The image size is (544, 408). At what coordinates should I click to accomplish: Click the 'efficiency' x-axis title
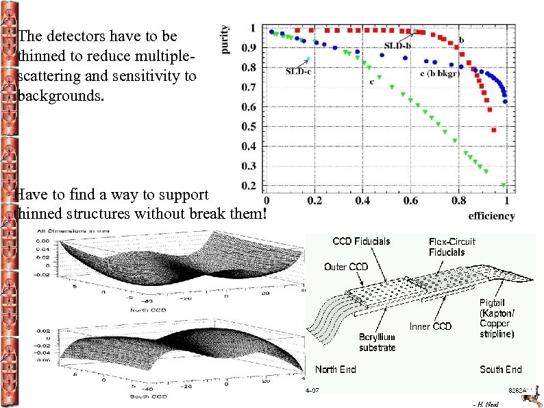point(491,215)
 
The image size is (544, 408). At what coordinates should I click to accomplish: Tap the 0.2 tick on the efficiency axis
point(314,200)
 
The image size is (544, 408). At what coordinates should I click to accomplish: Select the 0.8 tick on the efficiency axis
point(458,200)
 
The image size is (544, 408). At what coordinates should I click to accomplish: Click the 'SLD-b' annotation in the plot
point(397,45)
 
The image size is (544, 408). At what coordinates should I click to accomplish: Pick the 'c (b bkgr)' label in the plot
point(439,73)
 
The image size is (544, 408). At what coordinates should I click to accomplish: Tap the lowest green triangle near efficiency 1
point(504,185)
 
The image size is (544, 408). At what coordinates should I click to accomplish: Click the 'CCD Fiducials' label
point(361,241)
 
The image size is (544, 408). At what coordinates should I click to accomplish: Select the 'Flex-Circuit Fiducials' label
point(452,246)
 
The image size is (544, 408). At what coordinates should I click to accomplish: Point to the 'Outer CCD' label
point(346,267)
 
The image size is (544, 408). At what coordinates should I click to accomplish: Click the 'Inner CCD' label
point(430,326)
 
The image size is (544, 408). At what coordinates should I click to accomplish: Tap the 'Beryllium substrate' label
point(378,342)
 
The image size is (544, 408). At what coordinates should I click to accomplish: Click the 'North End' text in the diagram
point(335,369)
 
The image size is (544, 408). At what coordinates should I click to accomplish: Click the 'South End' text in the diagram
point(500,369)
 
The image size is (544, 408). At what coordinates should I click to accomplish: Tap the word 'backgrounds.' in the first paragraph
point(62,95)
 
